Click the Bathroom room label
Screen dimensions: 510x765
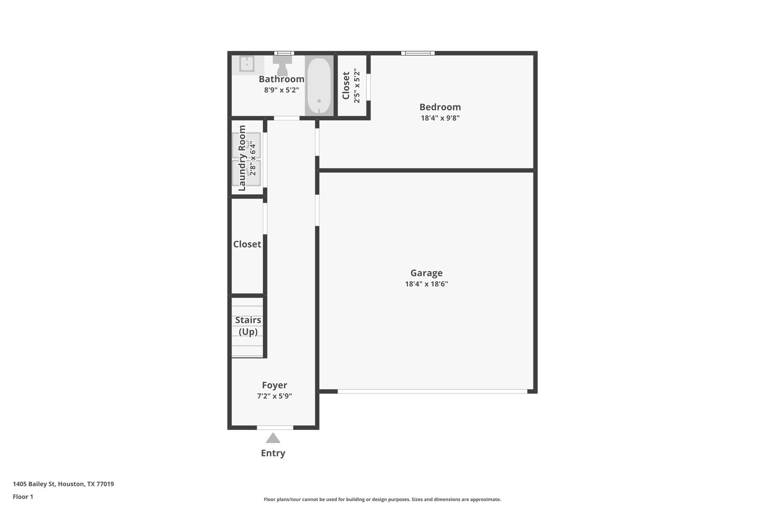pos(281,79)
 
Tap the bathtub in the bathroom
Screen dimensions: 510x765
pos(319,86)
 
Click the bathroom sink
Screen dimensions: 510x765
pos(247,64)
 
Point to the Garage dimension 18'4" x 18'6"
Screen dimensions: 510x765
pos(426,284)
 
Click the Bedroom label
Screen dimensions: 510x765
pos(440,107)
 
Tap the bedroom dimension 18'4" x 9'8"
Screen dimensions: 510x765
pos(440,118)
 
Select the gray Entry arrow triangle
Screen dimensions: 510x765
pos(273,438)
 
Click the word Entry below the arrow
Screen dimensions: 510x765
pos(273,453)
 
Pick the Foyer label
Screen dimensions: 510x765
pos(274,385)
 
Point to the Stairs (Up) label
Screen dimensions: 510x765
pos(248,326)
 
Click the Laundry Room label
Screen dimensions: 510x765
pos(242,158)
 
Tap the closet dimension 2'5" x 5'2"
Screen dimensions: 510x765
pos(357,86)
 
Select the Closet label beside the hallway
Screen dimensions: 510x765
pos(247,244)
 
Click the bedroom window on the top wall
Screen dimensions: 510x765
pos(418,53)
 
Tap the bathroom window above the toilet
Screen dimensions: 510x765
pos(284,53)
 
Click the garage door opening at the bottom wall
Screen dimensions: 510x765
pos(432,391)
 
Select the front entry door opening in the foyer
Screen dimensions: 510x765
pos(275,427)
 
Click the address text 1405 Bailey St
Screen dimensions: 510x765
pos(63,484)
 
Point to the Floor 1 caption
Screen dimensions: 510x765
pos(23,497)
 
